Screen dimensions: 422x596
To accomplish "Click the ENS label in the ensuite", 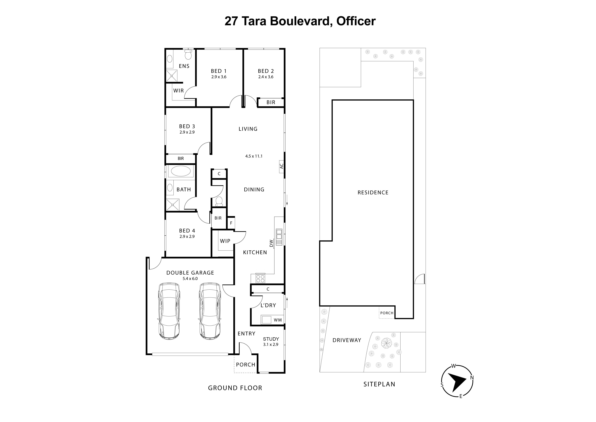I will [x=184, y=66].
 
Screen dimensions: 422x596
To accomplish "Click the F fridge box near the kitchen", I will [x=231, y=223].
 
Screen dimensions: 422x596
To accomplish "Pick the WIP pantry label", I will [x=225, y=241].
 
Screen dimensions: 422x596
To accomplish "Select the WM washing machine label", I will [x=278, y=320].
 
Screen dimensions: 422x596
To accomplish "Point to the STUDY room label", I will [x=271, y=339].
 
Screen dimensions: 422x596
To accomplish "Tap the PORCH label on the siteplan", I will [x=386, y=313].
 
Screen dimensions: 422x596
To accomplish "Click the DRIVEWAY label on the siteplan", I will [x=347, y=340].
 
